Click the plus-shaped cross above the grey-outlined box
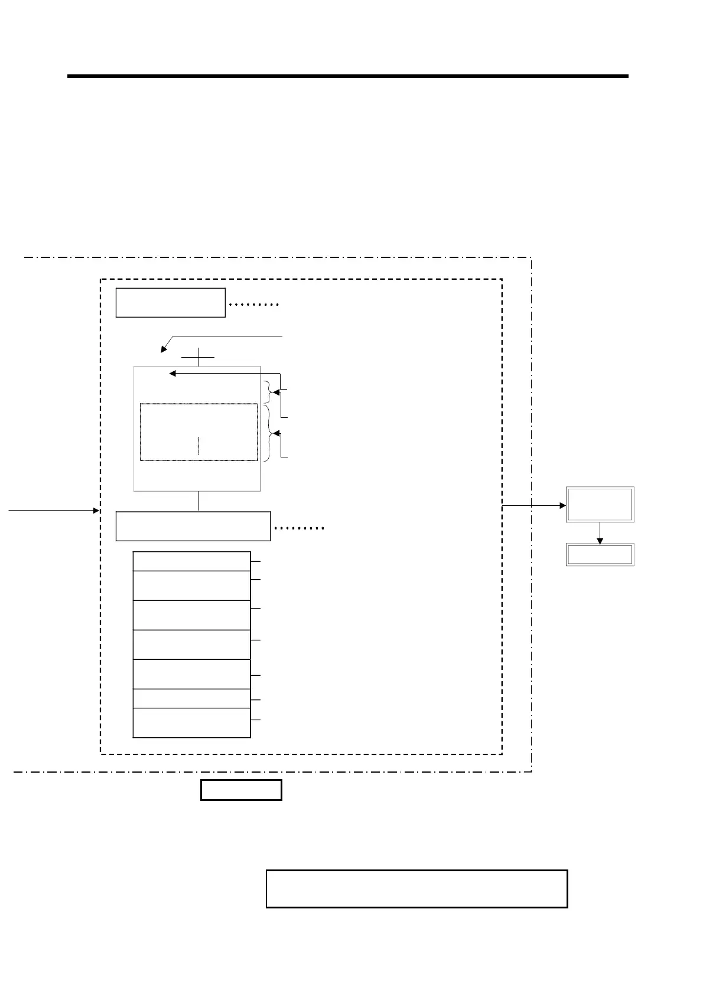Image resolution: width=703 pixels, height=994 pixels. tap(198, 357)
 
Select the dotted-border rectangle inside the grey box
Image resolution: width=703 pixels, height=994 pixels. tap(198, 432)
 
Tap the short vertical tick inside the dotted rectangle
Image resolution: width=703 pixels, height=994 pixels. tap(198, 446)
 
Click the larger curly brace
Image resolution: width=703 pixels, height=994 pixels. tap(269, 433)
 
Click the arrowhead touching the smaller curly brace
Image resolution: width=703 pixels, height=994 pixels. tap(276, 391)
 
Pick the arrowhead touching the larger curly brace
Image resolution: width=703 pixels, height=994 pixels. tap(276, 434)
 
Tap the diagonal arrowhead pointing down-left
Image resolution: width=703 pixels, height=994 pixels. tap(164, 349)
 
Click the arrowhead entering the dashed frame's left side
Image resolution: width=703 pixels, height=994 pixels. tap(96, 511)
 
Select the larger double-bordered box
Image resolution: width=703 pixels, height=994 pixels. tap(600, 504)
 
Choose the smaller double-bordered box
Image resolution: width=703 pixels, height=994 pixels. tap(600, 555)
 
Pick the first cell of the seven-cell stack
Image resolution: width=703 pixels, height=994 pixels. tap(191, 561)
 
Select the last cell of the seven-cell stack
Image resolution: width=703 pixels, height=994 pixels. tap(191, 723)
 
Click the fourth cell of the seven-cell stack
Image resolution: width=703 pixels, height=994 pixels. tap(191, 645)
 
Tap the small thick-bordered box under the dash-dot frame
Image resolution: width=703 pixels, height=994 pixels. tap(241, 790)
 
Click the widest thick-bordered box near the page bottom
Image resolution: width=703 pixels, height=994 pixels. tap(416, 888)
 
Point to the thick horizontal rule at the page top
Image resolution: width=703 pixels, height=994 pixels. tap(347, 76)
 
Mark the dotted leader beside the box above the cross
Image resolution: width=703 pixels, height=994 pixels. tap(253, 305)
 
